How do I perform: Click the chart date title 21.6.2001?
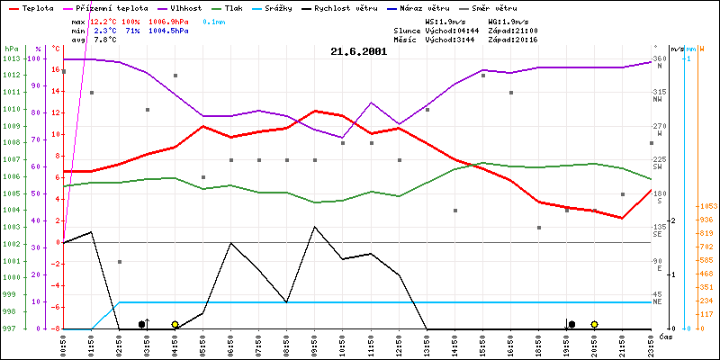click(x=359, y=51)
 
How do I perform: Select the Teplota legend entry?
click(x=37, y=6)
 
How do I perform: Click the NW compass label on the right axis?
click(x=660, y=100)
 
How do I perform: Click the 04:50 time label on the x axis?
click(x=175, y=343)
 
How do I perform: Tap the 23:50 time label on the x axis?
click(x=651, y=343)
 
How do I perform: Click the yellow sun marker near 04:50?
click(x=175, y=324)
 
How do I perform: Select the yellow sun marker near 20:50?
click(x=595, y=324)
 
